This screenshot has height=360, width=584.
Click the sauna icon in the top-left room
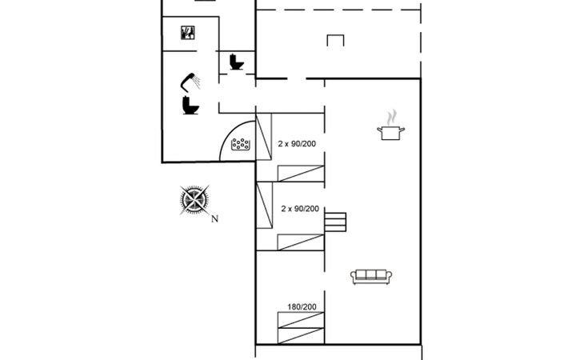point(188,32)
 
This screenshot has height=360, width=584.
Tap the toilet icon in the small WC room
point(237,62)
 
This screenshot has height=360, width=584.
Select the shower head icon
point(190,82)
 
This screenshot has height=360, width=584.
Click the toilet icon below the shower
point(190,105)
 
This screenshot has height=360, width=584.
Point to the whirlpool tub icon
point(241,144)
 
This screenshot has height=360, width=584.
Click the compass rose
point(194,200)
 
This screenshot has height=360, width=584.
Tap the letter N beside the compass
point(214,219)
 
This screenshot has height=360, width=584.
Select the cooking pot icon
point(390,133)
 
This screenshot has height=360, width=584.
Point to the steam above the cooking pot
point(391,118)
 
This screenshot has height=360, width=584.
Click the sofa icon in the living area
point(371,277)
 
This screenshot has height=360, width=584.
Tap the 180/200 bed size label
point(302,306)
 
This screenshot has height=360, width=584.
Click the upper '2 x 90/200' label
point(297,144)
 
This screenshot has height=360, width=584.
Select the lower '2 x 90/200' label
point(300,209)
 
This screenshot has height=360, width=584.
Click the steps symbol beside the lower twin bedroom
point(335,222)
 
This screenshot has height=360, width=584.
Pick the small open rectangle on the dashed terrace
point(335,40)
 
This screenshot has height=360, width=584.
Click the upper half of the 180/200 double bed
point(301,320)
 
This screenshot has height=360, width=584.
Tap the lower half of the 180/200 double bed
point(301,336)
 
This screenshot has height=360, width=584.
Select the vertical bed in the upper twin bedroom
point(264,137)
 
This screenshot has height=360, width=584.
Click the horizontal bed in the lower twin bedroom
point(301,242)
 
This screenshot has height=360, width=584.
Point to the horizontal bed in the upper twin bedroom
point(301,174)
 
